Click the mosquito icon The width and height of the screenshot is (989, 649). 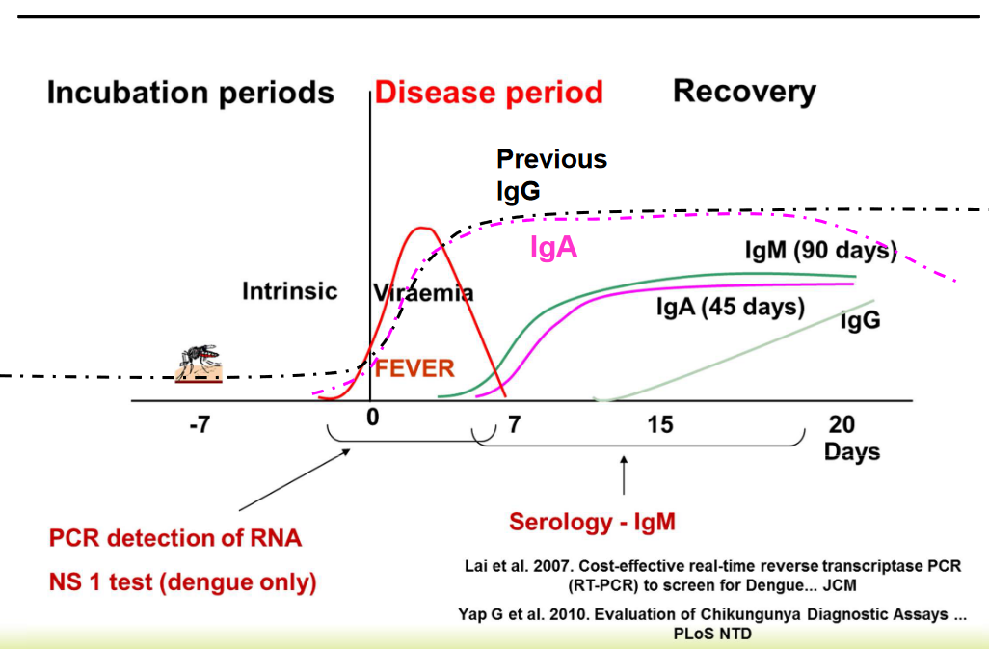click(199, 364)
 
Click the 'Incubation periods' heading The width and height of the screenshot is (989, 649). click(190, 93)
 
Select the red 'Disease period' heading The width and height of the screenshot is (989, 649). click(489, 93)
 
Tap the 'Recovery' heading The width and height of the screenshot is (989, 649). click(744, 92)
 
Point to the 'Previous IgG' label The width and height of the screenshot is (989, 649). click(551, 175)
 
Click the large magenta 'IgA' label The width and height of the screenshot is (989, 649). click(553, 247)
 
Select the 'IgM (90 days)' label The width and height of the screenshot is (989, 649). click(820, 252)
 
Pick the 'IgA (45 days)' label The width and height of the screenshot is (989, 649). click(730, 307)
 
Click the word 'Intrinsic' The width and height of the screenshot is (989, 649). click(289, 290)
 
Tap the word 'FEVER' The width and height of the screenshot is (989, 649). click(414, 367)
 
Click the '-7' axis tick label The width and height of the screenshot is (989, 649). click(199, 424)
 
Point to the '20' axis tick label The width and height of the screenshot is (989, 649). click(842, 424)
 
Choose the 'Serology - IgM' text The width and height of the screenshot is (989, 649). click(592, 522)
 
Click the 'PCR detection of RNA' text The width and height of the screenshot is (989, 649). click(175, 538)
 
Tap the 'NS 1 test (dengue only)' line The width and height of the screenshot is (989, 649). click(183, 582)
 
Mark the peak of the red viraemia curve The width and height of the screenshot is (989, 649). click(419, 228)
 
